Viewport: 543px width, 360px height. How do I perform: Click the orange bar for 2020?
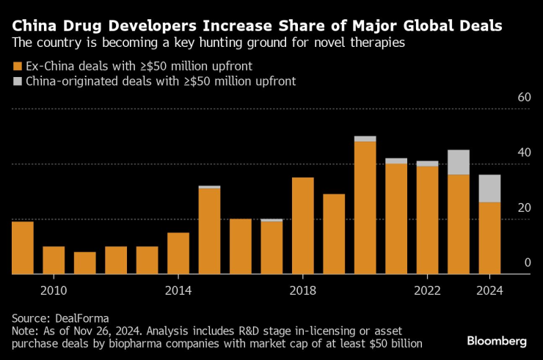click(x=365, y=207)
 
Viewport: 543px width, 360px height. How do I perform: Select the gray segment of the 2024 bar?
click(x=489, y=188)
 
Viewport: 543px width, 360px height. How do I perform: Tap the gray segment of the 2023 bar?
click(x=459, y=162)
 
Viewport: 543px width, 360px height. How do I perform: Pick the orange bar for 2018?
click(x=302, y=226)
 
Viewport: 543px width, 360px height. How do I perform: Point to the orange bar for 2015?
click(x=209, y=231)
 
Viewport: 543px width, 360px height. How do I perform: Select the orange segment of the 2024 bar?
click(x=489, y=238)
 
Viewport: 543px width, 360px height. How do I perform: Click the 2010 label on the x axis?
click(x=54, y=291)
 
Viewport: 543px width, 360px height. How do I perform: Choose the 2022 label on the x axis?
click(x=427, y=291)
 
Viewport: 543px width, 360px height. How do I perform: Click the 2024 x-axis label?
click(x=489, y=291)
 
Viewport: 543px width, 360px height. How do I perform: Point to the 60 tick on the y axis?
click(x=523, y=98)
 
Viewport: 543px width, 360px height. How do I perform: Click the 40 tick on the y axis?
click(x=523, y=153)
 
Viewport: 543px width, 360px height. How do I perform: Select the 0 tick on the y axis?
click(x=527, y=262)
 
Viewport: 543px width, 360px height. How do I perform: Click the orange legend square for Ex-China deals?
click(x=17, y=66)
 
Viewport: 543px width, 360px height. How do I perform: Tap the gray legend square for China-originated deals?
click(x=17, y=81)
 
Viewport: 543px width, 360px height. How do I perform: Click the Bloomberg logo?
click(x=497, y=341)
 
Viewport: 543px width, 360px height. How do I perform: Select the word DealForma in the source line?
click(x=86, y=317)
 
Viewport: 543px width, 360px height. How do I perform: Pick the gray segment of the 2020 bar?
click(x=365, y=139)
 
